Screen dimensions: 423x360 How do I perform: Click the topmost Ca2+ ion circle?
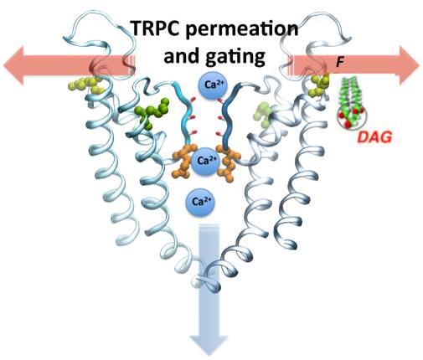click(211, 84)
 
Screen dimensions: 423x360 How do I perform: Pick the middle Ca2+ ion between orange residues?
click(205, 161)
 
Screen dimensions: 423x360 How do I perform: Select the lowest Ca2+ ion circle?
click(201, 202)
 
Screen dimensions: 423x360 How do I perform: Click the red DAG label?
click(375, 137)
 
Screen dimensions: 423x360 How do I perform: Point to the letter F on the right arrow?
click(339, 62)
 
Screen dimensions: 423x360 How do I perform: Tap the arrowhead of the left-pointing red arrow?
click(13, 66)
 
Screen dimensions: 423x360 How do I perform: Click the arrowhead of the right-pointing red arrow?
click(410, 66)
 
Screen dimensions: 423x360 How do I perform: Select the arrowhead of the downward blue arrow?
click(209, 345)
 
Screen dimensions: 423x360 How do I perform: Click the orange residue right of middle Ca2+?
click(229, 161)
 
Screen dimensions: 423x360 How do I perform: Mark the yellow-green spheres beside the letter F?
click(320, 85)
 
